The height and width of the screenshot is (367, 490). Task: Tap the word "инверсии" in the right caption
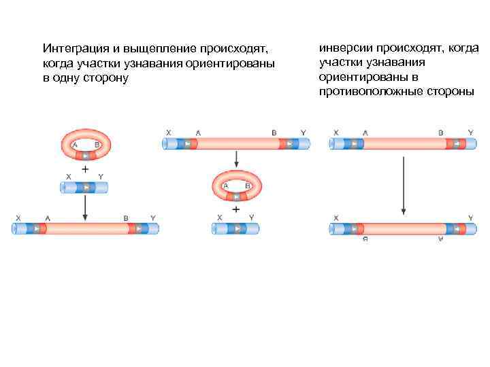click(343, 48)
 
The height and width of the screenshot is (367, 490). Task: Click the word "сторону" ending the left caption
click(101, 78)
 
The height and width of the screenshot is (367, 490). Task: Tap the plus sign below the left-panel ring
click(84, 167)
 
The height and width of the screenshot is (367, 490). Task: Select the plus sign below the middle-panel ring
click(235, 209)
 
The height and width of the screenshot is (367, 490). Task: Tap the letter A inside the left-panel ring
click(75, 145)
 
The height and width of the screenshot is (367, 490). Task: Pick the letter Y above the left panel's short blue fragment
click(101, 176)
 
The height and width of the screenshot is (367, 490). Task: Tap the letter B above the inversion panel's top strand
click(440, 133)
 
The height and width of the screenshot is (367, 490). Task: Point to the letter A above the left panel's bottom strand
click(47, 217)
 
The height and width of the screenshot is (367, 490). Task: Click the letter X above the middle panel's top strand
click(168, 133)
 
